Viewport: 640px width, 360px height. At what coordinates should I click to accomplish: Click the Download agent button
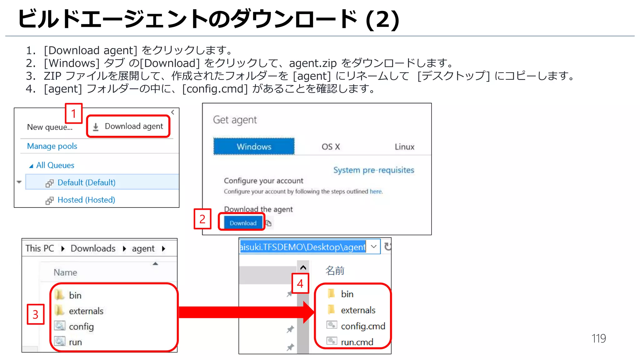(128, 126)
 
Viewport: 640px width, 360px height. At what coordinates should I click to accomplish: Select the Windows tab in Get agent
(254, 147)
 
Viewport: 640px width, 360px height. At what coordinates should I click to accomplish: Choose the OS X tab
(331, 147)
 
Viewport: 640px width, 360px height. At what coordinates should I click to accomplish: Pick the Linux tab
(404, 147)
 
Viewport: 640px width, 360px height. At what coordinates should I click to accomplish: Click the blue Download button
(243, 223)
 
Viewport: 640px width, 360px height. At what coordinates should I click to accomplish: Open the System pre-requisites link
(373, 170)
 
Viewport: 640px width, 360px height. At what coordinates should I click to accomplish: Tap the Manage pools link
(52, 146)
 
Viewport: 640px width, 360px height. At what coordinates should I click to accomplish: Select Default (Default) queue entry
(86, 182)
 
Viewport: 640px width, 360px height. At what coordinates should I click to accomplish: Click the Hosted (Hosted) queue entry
(86, 200)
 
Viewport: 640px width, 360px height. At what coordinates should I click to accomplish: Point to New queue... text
(49, 127)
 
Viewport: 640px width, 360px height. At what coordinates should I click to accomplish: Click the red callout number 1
(73, 113)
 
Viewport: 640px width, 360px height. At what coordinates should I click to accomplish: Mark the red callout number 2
(202, 219)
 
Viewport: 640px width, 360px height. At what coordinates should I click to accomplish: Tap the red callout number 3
(35, 314)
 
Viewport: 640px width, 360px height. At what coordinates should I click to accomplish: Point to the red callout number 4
(300, 283)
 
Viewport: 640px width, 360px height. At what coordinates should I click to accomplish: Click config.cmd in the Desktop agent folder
(362, 326)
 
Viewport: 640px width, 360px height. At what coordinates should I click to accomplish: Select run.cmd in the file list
(357, 342)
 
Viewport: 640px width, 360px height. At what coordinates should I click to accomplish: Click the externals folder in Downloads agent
(86, 311)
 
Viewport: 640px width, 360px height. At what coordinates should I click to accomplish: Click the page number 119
(598, 338)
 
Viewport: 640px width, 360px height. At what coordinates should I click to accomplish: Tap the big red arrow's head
(309, 312)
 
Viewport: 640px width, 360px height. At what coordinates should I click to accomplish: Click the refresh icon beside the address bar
(387, 247)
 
